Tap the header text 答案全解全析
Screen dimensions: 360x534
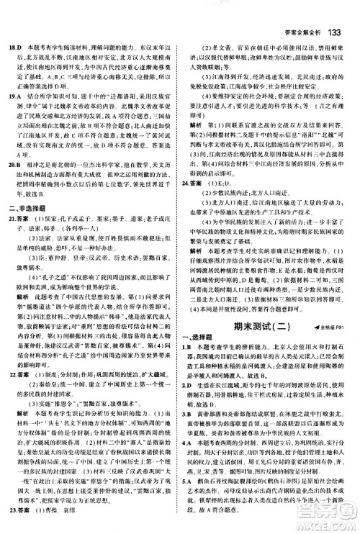pyautogui.click(x=302, y=12)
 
